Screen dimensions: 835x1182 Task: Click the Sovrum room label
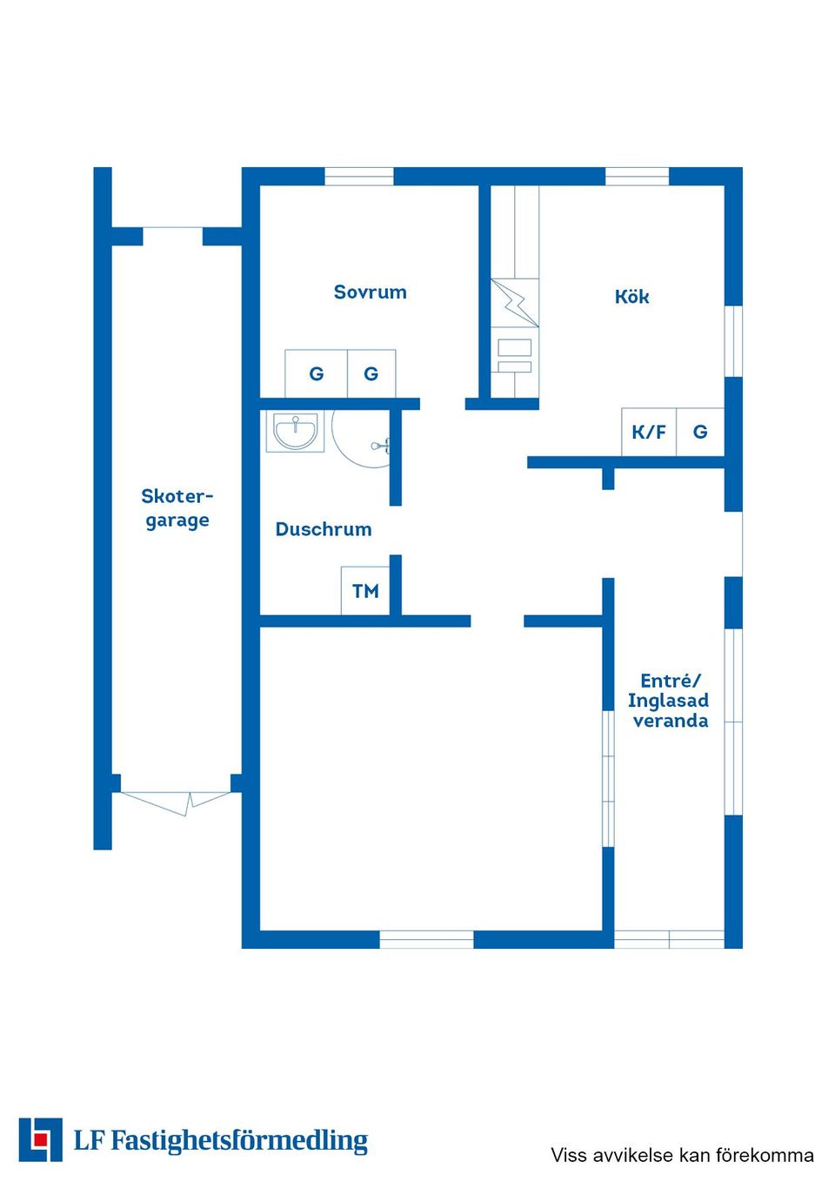(370, 292)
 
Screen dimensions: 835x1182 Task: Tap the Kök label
(631, 296)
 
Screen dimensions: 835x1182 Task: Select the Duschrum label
(324, 528)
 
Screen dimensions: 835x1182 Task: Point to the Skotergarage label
(177, 508)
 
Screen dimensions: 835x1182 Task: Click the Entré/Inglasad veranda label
(668, 701)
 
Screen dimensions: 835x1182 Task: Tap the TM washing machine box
(365, 591)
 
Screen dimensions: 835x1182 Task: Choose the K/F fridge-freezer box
(649, 432)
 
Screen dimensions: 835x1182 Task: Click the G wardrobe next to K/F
(700, 432)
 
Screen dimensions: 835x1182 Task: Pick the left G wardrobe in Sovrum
(317, 373)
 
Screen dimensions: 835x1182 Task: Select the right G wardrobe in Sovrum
(371, 373)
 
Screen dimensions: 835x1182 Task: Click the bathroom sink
(295, 432)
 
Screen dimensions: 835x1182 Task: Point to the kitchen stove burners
(515, 357)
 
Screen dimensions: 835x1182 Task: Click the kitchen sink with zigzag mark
(515, 303)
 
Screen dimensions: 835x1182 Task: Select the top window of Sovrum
(359, 176)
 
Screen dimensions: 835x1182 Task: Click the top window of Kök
(637, 176)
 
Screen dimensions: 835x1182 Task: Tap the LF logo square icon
(41, 1139)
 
